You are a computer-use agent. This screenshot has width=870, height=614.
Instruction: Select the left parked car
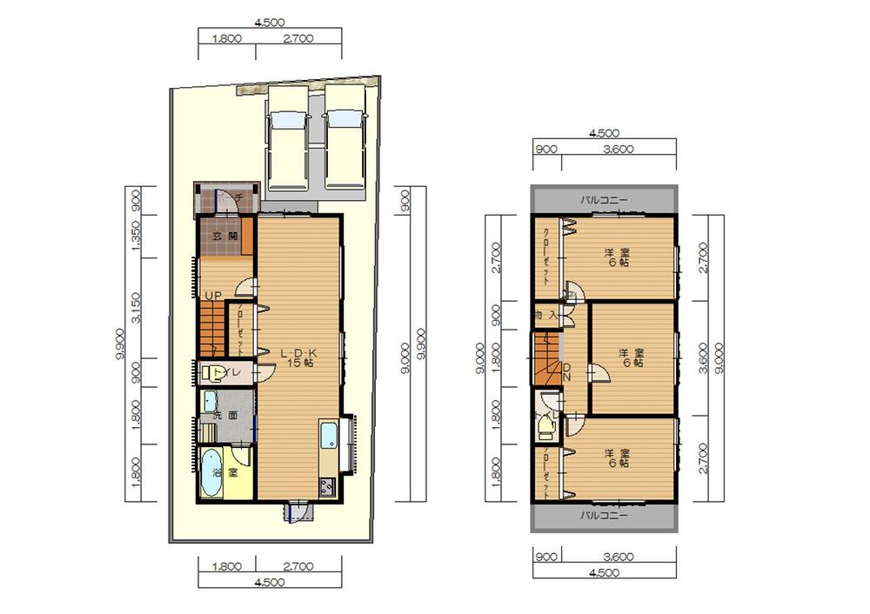(286, 139)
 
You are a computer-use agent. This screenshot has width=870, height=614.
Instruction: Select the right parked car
(343, 139)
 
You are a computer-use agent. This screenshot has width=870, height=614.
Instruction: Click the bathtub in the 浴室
(211, 473)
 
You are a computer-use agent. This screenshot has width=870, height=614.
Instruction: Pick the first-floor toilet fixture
(211, 374)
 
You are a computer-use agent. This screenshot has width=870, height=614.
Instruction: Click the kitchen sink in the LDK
(330, 435)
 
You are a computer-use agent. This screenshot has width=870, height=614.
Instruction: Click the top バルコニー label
(604, 200)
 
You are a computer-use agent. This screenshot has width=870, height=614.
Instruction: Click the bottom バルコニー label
(604, 515)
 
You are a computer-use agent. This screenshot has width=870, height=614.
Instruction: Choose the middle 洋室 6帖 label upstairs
(632, 357)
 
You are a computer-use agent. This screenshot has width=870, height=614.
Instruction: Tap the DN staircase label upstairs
(565, 371)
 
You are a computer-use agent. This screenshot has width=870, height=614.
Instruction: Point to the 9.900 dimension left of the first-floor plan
(118, 344)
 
